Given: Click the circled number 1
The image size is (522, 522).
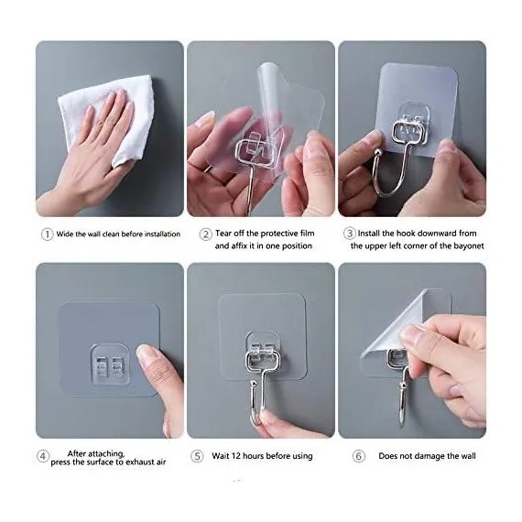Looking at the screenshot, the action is (x=47, y=234).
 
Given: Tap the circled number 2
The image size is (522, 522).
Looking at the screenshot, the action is (x=205, y=234).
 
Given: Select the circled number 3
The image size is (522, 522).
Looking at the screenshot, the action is (x=349, y=234).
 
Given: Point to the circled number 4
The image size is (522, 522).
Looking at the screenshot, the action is (x=43, y=456).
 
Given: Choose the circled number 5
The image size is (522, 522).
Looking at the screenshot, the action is (x=197, y=456).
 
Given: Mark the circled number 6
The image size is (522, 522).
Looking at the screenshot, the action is (x=359, y=456).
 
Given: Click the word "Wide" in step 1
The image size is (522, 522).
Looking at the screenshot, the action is (x=65, y=234).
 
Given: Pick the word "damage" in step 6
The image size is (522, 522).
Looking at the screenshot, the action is (x=430, y=456).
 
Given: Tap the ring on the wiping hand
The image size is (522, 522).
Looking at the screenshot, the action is (x=100, y=124).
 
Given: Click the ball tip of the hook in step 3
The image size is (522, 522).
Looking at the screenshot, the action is (x=378, y=152).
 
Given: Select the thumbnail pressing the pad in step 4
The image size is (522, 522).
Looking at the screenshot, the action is (x=143, y=353).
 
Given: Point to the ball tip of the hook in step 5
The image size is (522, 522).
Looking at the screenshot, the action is (x=254, y=385).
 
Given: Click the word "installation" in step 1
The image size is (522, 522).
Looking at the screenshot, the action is (x=162, y=234).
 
